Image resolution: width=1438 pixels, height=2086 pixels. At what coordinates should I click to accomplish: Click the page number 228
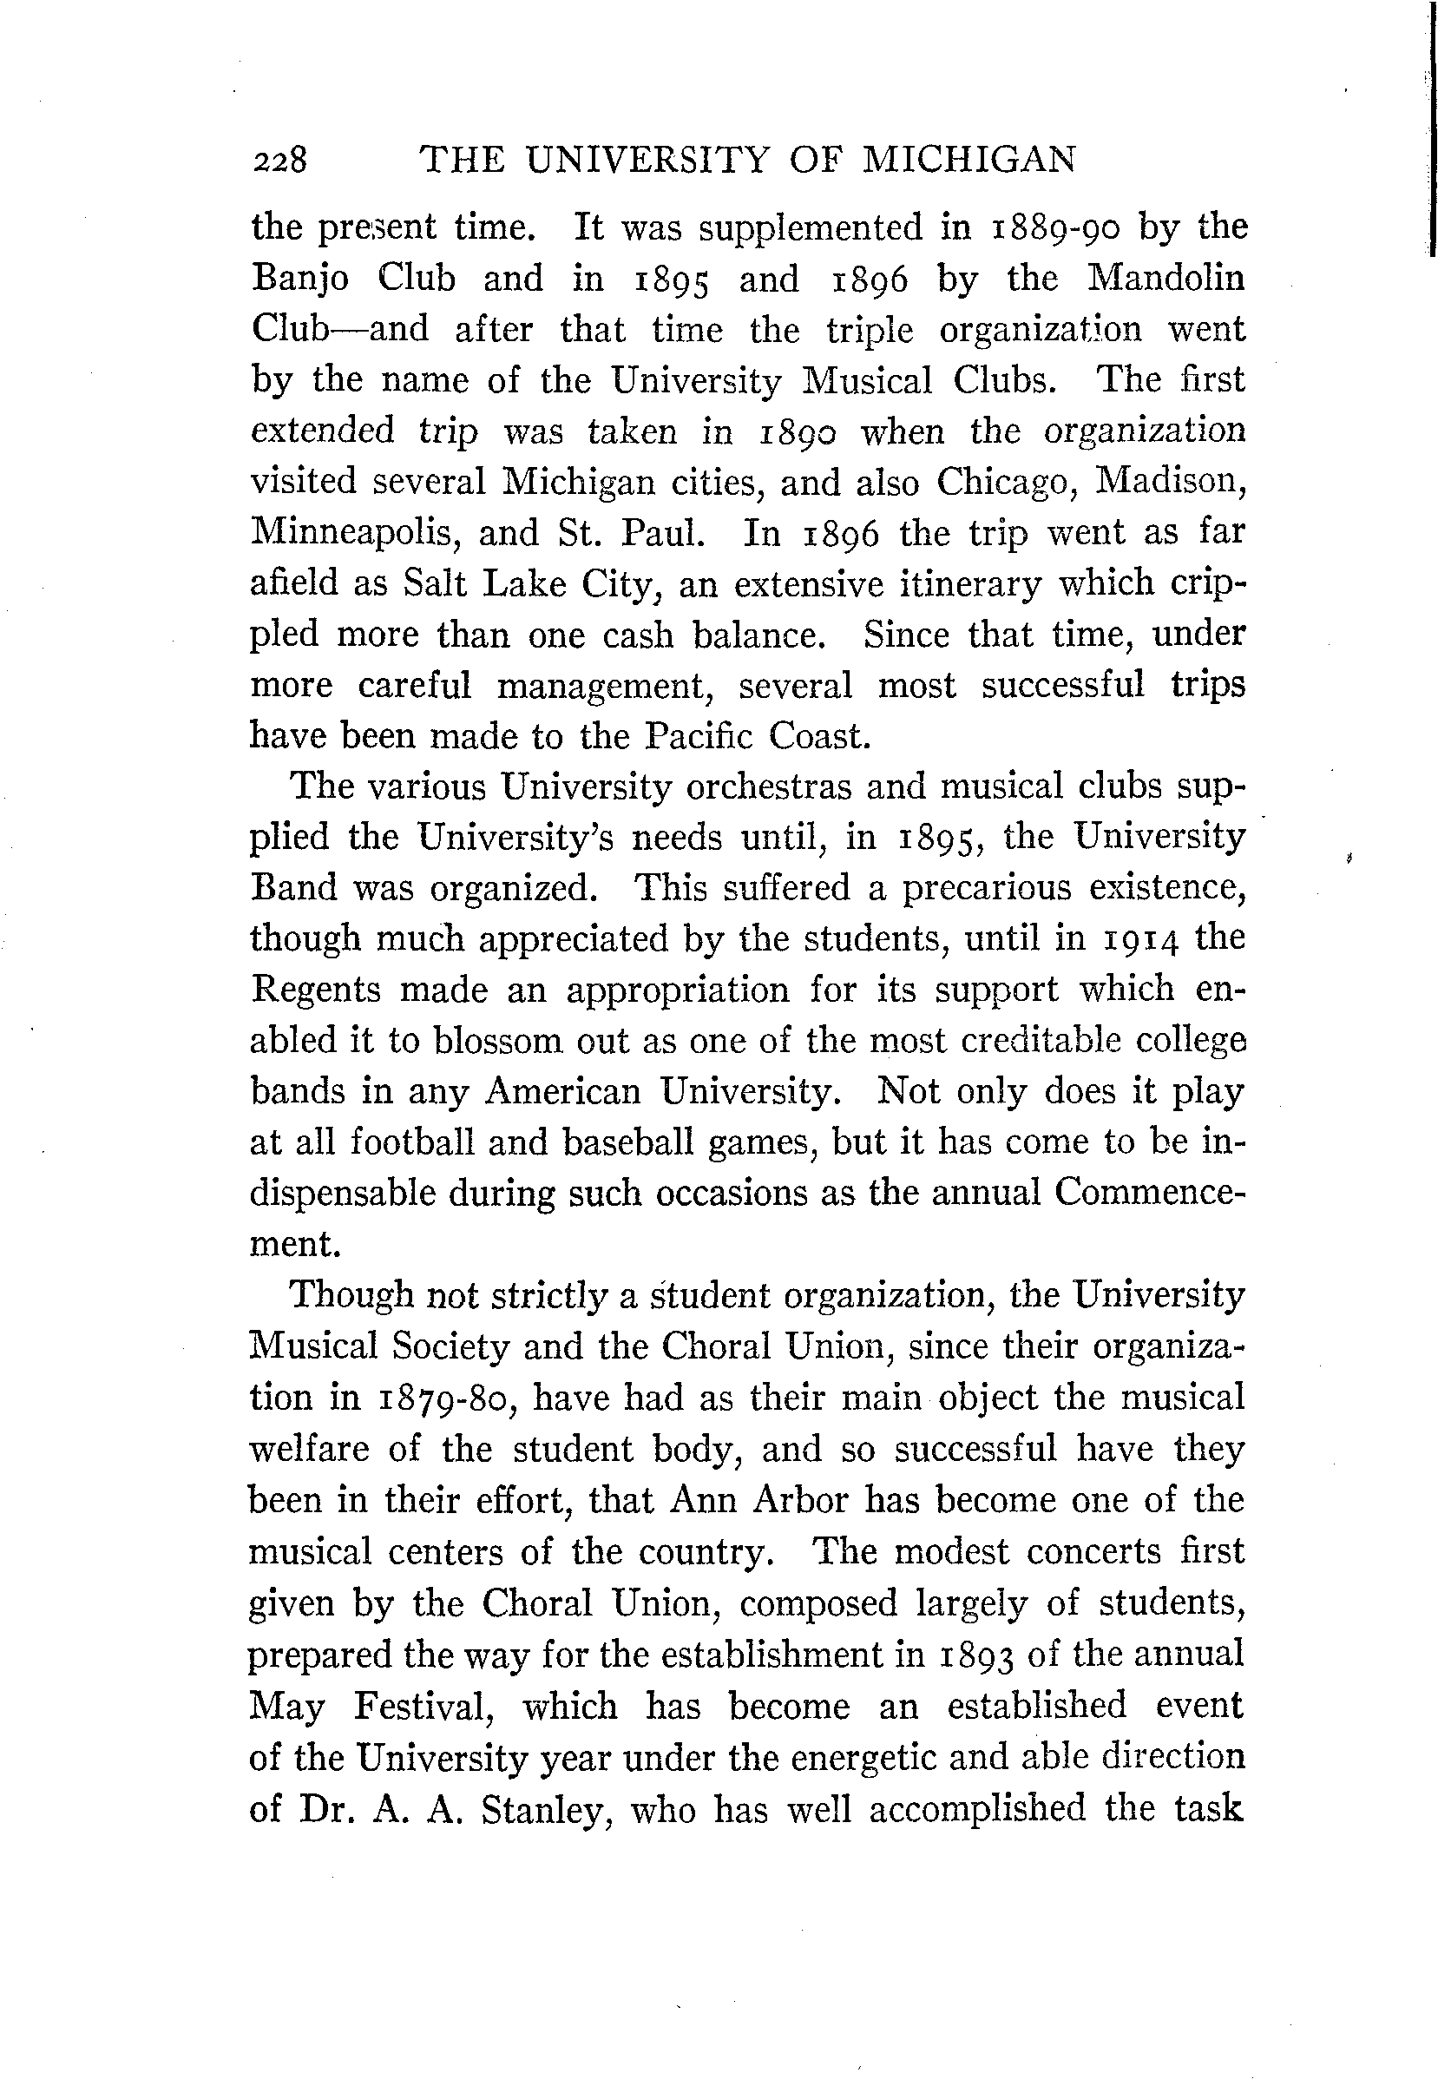pos(280,161)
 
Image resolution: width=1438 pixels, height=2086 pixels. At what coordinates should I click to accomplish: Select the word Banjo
pos(300,280)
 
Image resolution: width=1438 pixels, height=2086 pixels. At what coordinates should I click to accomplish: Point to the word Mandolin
pos(1166,278)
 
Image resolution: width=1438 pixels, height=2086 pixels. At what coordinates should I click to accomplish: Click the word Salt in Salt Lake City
pos(432,584)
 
